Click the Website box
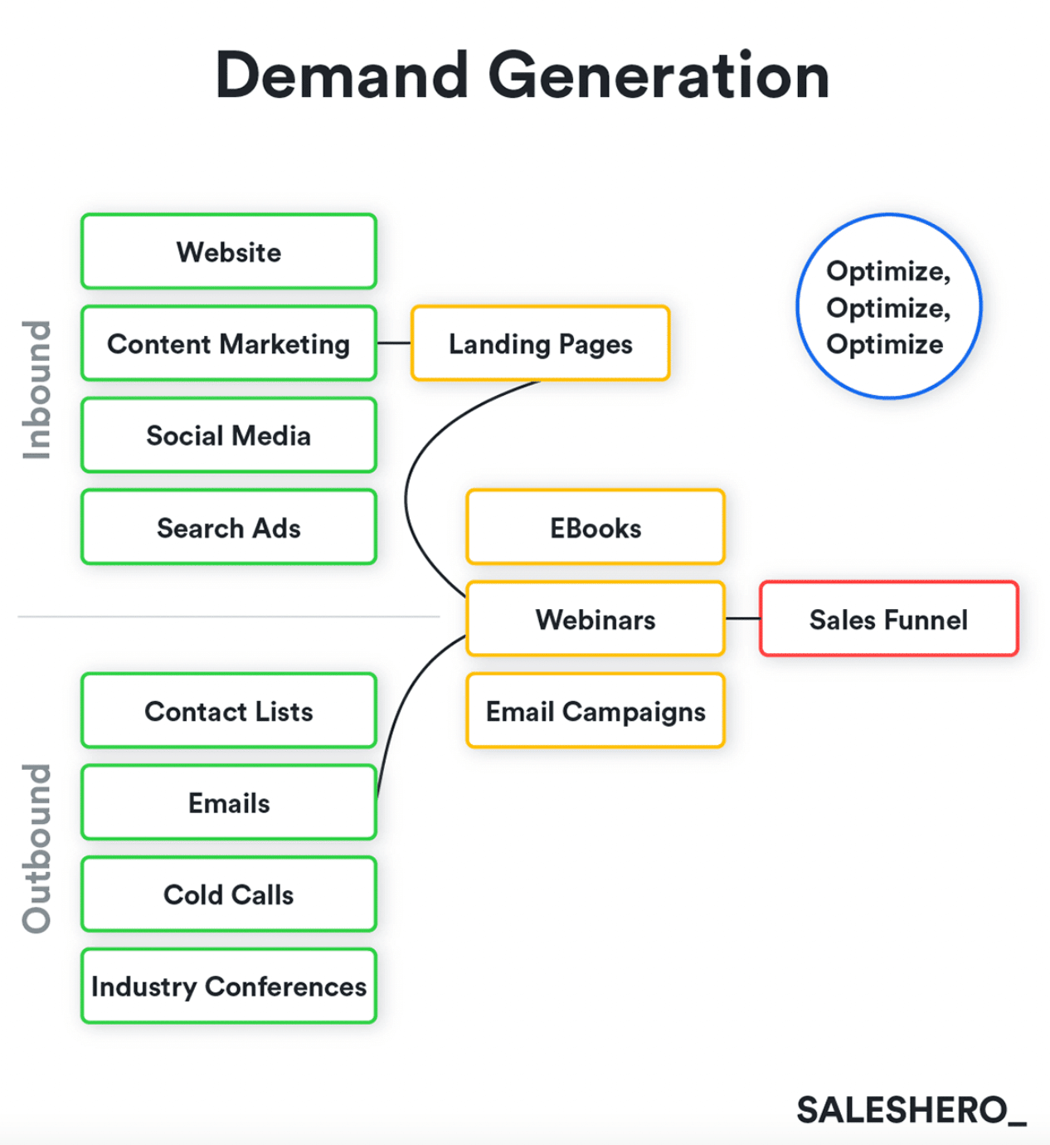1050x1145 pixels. click(x=229, y=252)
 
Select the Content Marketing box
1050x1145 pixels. click(x=229, y=343)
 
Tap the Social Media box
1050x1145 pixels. click(x=229, y=436)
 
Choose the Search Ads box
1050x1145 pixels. click(x=229, y=528)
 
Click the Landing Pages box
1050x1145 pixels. click(x=540, y=343)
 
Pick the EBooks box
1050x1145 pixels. click(x=595, y=528)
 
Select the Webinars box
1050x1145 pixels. click(x=595, y=620)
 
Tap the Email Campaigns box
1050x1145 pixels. click(x=595, y=711)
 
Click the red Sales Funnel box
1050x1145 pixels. click(x=888, y=620)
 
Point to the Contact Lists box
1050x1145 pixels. click(x=229, y=711)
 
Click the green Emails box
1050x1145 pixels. click(x=229, y=803)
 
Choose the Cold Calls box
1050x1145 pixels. click(x=229, y=894)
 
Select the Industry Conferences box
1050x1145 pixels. click(x=229, y=987)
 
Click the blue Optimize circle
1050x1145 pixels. click(x=888, y=307)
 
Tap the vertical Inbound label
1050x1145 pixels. click(x=37, y=390)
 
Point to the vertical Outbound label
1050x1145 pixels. click(x=37, y=848)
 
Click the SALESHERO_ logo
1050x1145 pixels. click(x=911, y=1110)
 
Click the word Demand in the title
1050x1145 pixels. click(x=342, y=76)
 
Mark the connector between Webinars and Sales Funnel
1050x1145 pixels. click(x=742, y=619)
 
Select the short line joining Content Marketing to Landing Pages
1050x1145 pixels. click(x=394, y=343)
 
